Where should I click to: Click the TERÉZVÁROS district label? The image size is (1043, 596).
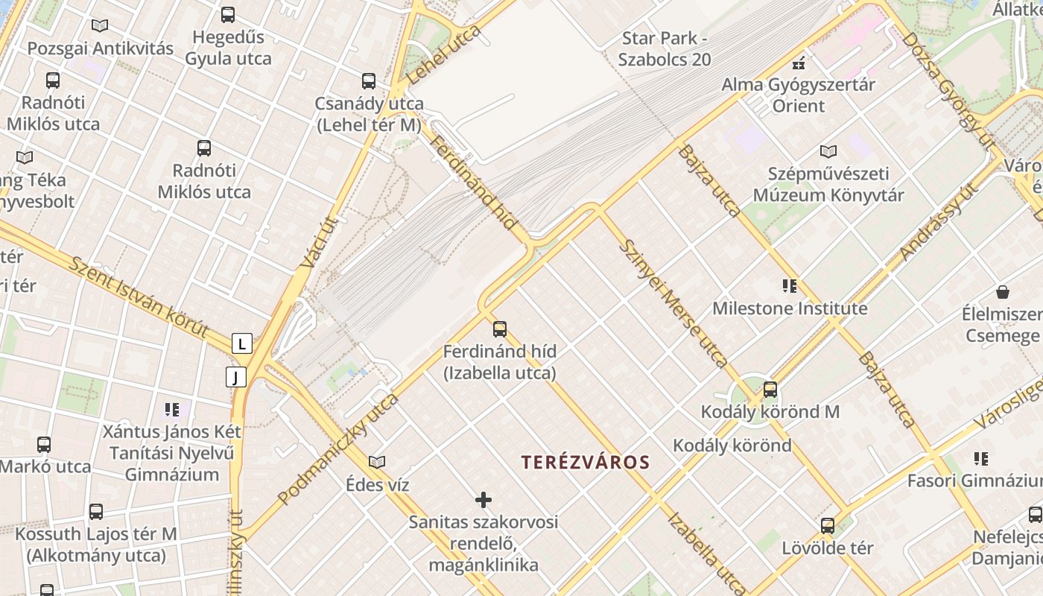[x=586, y=462]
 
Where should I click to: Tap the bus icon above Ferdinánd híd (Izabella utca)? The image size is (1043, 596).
[x=499, y=329]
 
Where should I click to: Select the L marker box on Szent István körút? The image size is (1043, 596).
[x=241, y=343]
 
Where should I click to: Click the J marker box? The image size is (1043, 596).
[x=235, y=377]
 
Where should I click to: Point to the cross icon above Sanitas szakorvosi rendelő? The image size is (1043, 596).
[x=484, y=499]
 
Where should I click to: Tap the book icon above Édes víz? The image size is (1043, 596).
[x=377, y=462]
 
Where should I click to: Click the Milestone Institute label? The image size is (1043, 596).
[x=790, y=308]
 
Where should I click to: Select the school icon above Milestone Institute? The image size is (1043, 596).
[x=790, y=285]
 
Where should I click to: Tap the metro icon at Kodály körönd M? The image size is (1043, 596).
[x=770, y=389]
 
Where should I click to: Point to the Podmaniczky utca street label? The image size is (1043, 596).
[x=337, y=449]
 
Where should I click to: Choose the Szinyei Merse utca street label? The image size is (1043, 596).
[x=673, y=304]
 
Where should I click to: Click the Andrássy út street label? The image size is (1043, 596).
[x=939, y=221]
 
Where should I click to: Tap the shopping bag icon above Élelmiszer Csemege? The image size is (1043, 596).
[x=1003, y=291]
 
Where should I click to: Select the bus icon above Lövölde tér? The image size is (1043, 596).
[x=827, y=525]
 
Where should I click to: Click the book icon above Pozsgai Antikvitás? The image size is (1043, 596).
[x=100, y=25]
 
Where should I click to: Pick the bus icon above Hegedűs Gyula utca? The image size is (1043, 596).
[x=228, y=14]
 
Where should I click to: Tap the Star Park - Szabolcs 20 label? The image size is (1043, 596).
[x=665, y=49]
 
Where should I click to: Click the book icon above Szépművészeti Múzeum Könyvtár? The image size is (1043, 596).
[x=828, y=151]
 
